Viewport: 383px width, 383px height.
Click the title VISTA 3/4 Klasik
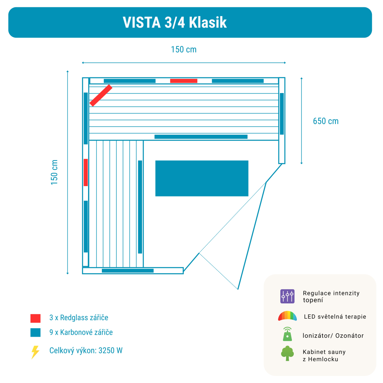[x=175, y=23]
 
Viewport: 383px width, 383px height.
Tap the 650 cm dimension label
[x=326, y=121]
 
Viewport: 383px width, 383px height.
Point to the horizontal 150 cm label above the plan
[x=184, y=49]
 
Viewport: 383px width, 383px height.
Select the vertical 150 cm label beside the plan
[x=54, y=172]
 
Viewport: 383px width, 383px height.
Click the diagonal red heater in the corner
[x=101, y=95]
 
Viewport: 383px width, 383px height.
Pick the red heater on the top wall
[x=184, y=81]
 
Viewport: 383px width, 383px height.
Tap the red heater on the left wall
[x=86, y=172]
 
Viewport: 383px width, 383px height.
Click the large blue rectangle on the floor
[x=202, y=178]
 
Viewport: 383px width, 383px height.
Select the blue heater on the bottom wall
[x=128, y=271]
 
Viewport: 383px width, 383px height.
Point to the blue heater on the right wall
[x=282, y=114]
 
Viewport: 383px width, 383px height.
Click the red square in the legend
[x=35, y=318]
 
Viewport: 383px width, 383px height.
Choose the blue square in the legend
[x=35, y=332]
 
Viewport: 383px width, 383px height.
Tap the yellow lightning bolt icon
[x=35, y=352]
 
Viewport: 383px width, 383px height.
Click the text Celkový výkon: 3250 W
[x=86, y=350]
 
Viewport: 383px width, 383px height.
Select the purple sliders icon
[x=287, y=296]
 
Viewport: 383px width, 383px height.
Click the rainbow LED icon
[x=288, y=316]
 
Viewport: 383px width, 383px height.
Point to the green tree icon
[x=287, y=353]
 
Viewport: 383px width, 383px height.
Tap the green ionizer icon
[x=288, y=334]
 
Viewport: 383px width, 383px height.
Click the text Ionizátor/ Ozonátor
[x=333, y=336]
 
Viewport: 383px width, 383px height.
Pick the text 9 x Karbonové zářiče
[x=81, y=332]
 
